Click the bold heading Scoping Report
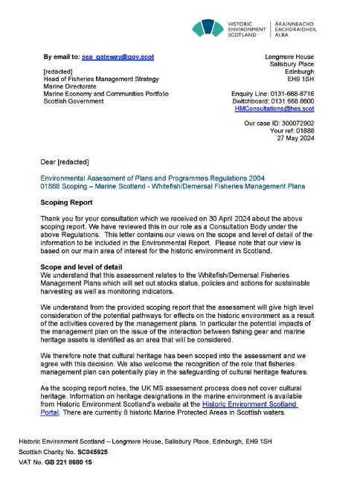point(67,201)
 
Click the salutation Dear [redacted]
point(65,162)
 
